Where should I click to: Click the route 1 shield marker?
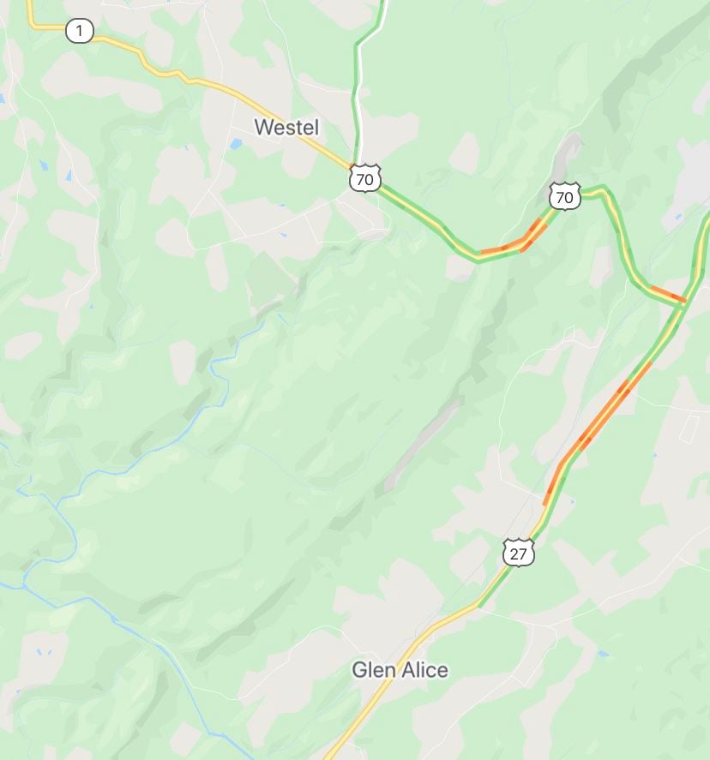(79, 32)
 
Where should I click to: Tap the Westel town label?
(286, 128)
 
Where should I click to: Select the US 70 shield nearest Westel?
(364, 178)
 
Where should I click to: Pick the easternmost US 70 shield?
(565, 197)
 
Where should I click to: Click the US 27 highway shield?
(518, 553)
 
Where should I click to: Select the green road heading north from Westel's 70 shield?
(357, 86)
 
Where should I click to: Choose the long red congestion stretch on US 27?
(600, 420)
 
